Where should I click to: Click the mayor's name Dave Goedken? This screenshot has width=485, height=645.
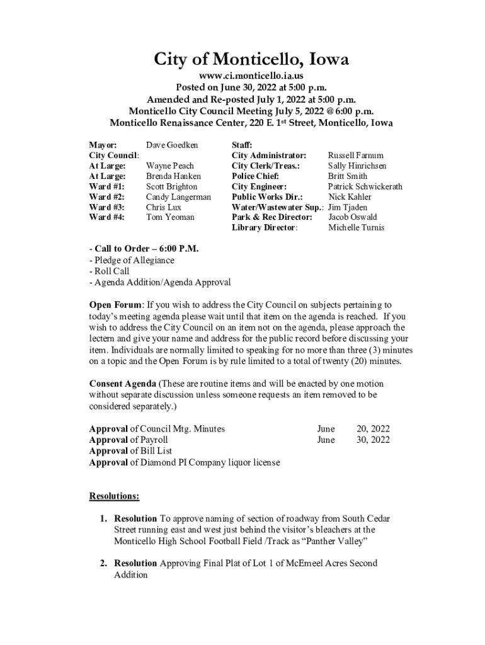[x=171, y=145]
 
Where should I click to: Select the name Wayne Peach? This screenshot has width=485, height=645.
[x=170, y=166]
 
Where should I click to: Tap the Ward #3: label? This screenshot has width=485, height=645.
[x=107, y=207]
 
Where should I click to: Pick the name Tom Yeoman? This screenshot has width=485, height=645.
[x=170, y=217]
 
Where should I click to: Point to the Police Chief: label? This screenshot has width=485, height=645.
[x=255, y=176]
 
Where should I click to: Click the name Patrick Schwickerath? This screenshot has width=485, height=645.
[x=365, y=186]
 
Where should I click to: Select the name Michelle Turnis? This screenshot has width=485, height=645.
[x=356, y=227]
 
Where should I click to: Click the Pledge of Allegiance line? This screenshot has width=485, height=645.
[x=132, y=260]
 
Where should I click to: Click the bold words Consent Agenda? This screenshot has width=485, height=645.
[x=122, y=384]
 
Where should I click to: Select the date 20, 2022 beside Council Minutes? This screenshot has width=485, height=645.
[x=373, y=429]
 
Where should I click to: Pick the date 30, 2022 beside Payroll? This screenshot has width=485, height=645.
[x=373, y=440]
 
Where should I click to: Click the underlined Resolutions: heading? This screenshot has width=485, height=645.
[x=114, y=496]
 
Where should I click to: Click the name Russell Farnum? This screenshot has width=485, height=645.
[x=355, y=155]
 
